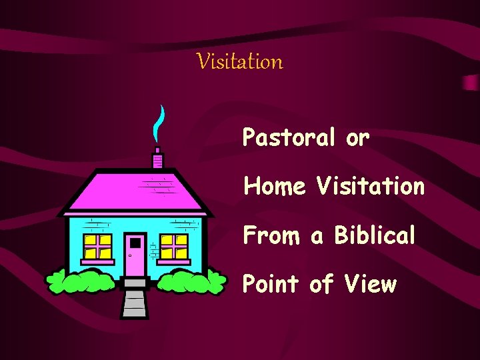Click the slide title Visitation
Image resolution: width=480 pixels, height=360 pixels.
point(240,62)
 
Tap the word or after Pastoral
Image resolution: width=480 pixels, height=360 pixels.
point(357,139)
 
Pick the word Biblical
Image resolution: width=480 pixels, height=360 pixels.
point(375,235)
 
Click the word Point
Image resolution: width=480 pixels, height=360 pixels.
point(270,285)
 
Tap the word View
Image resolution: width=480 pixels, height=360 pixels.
point(370,285)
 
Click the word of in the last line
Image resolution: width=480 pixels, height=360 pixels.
point(321,285)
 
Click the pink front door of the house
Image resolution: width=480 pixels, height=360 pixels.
point(135,255)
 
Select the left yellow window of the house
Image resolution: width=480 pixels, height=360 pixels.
point(97,247)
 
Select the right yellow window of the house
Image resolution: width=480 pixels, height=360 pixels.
point(175,247)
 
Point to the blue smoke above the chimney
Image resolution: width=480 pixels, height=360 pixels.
point(158,123)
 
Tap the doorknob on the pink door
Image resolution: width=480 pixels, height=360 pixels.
point(131,255)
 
